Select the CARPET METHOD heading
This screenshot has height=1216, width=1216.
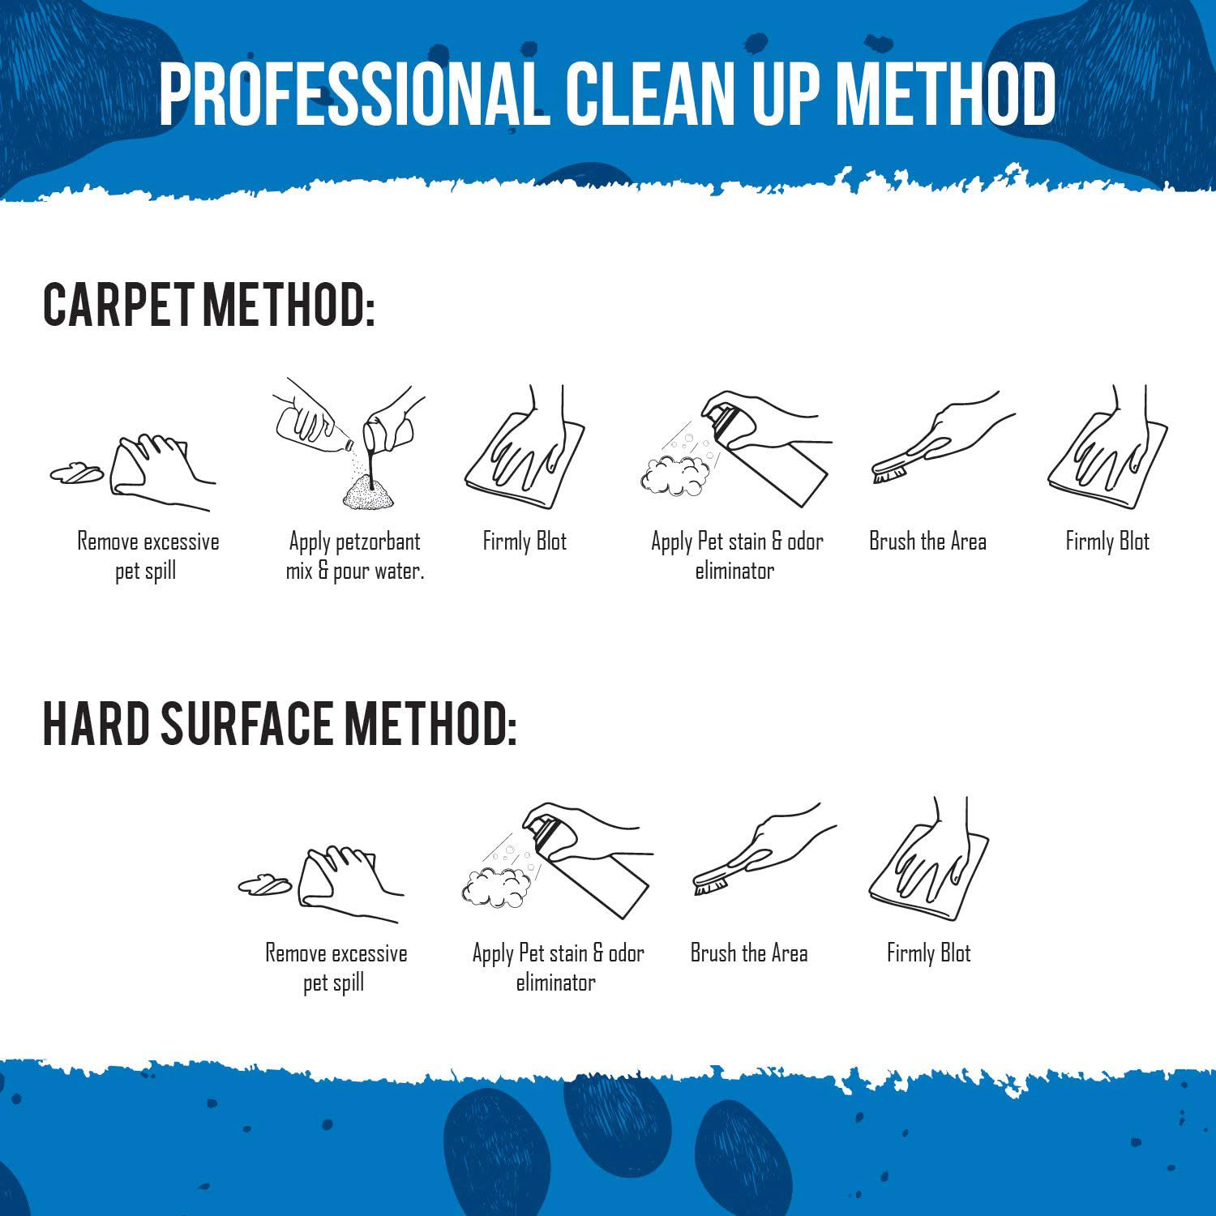pos(209,306)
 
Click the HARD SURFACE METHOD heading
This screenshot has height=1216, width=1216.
pos(279,724)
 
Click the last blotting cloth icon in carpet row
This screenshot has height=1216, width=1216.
pos(1107,450)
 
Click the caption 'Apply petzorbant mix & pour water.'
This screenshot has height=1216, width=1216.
pos(355,556)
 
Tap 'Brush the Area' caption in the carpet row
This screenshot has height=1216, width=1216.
pos(927,542)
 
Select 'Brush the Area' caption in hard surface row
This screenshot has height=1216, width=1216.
pos(749,953)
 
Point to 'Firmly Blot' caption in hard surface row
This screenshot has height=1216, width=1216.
pos(929,953)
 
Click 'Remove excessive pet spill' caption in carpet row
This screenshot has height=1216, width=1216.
pos(148,556)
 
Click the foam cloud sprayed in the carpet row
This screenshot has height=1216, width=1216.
pos(673,477)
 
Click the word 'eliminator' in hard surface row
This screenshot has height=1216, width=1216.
pos(556,983)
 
